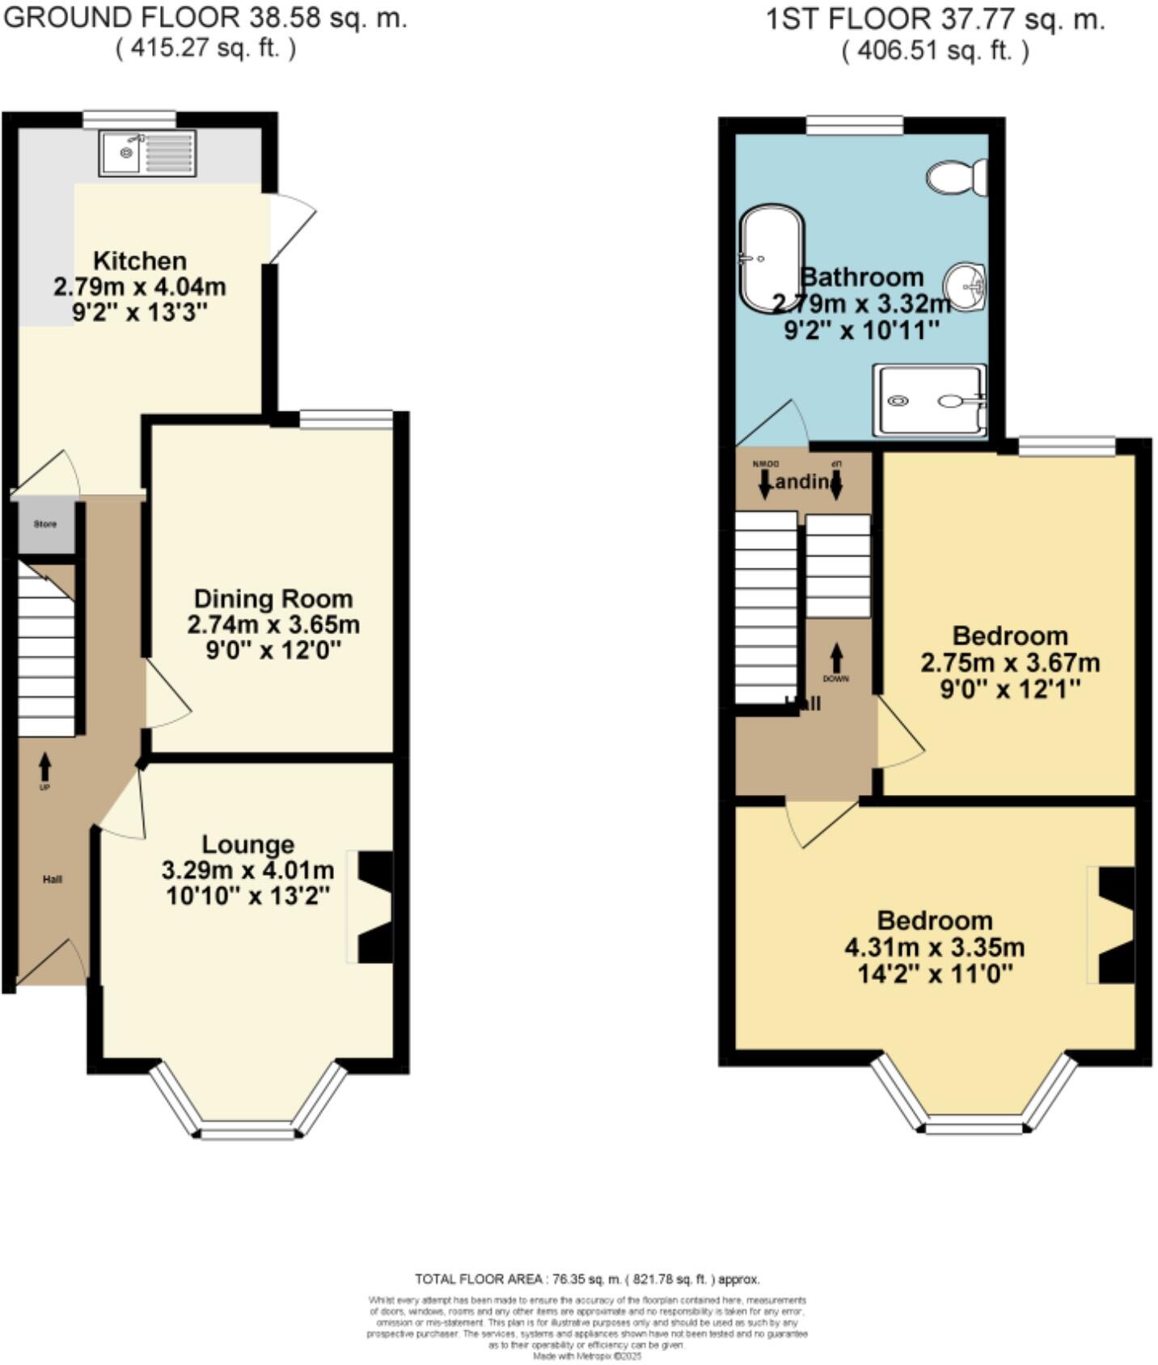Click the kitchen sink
coord(147,154)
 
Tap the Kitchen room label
coord(140,261)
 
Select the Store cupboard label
coord(45,524)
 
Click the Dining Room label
coord(273,599)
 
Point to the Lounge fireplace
coord(374,906)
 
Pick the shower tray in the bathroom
coord(929,400)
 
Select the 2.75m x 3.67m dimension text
coord(1009,663)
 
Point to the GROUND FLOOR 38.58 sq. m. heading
coord(205,18)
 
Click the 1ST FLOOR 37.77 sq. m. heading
coord(935,19)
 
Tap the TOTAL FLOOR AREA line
coord(587,1279)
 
